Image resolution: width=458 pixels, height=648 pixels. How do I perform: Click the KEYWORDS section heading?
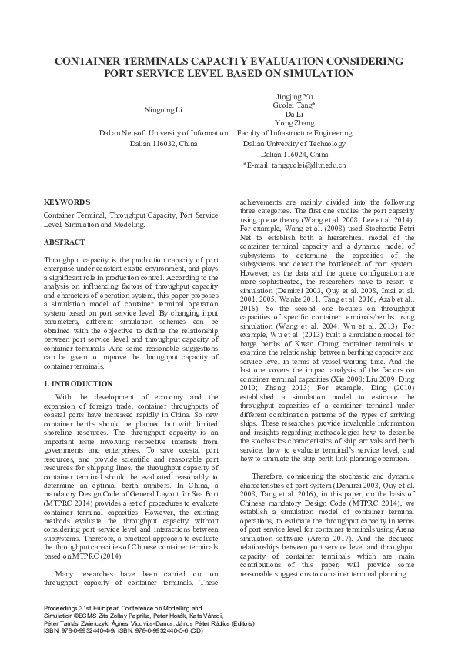pyautogui.click(x=65, y=200)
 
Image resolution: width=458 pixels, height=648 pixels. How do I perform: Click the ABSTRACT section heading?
pyautogui.click(x=65, y=242)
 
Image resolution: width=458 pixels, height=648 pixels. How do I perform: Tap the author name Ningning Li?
pyautogui.click(x=164, y=111)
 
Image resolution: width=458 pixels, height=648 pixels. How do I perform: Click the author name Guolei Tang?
pyautogui.click(x=294, y=105)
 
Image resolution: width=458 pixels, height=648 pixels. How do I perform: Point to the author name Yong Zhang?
pyautogui.click(x=294, y=123)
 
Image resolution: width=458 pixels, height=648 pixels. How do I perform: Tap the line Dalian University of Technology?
pyautogui.click(x=294, y=144)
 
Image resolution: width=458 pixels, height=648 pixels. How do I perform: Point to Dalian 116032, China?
pyautogui.click(x=164, y=144)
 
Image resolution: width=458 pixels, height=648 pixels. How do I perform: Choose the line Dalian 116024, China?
pyautogui.click(x=294, y=154)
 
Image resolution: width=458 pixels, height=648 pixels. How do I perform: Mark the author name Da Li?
pyautogui.click(x=294, y=114)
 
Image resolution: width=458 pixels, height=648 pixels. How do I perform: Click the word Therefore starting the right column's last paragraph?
pyautogui.click(x=268, y=476)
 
